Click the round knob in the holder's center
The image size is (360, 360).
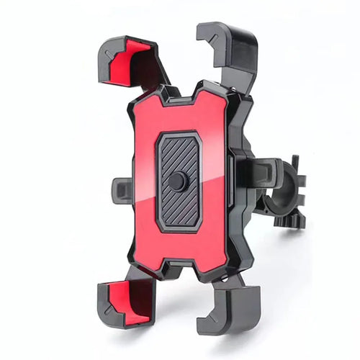[177, 181]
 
